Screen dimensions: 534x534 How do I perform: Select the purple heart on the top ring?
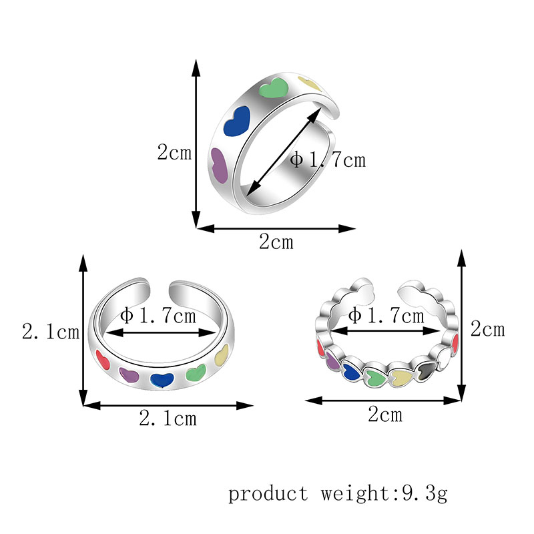220,165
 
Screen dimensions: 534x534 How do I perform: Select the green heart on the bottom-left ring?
196,374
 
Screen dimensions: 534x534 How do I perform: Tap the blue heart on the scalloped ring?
351,371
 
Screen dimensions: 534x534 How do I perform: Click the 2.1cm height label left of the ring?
51,331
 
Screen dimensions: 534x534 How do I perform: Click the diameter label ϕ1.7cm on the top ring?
328,160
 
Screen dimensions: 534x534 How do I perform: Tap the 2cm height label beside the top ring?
174,153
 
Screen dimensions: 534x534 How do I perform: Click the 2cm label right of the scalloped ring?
487,329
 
